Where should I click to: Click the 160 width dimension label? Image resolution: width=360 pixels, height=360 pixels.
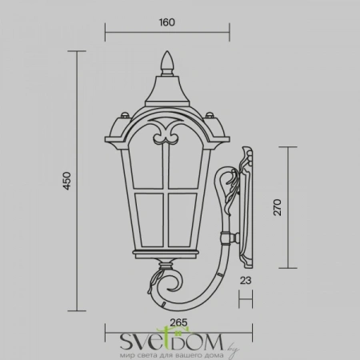[x=167, y=22]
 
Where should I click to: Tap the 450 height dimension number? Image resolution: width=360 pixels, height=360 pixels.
[x=67, y=182]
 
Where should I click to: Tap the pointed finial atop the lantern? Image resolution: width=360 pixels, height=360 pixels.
[x=168, y=62]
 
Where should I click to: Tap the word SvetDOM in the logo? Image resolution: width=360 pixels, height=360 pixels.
[x=163, y=340]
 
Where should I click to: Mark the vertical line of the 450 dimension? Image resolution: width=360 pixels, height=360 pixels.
[x=77, y=182]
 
